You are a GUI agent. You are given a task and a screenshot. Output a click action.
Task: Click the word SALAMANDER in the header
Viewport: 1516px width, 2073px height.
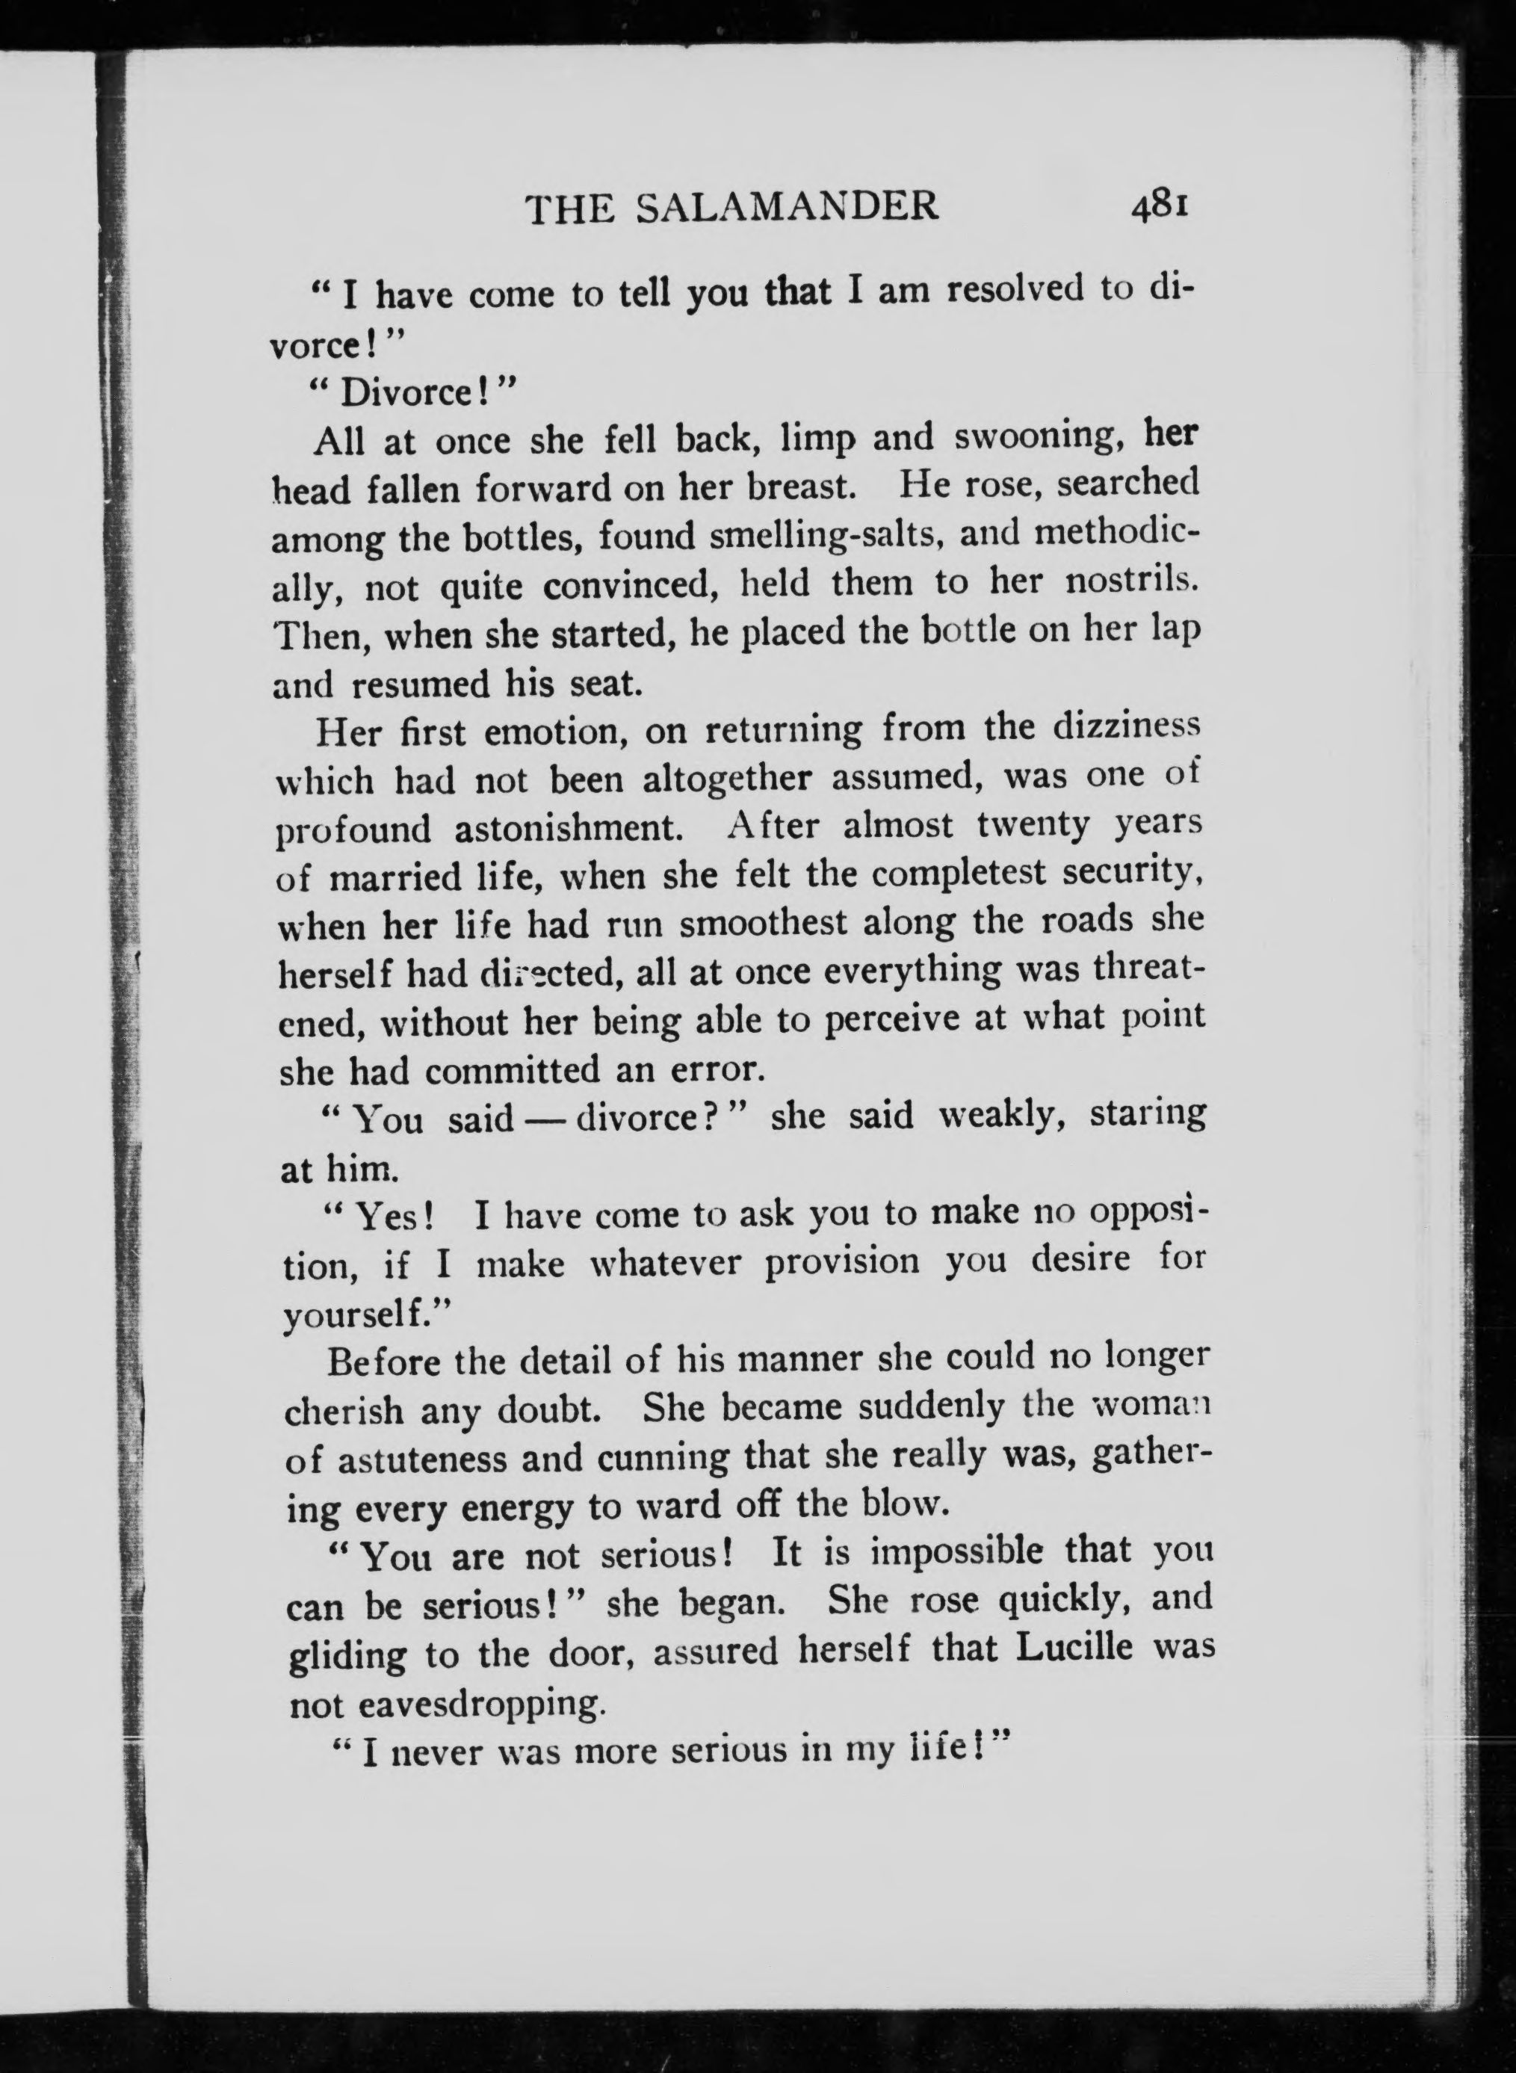(x=788, y=208)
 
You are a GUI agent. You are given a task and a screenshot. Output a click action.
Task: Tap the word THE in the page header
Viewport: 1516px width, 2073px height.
(x=569, y=209)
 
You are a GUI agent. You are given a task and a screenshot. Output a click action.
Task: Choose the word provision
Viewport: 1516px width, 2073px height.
(x=841, y=1261)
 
